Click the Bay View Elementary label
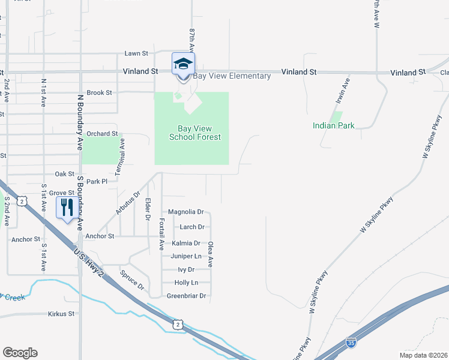point(232,76)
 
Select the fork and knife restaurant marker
point(66,208)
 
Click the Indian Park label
point(333,125)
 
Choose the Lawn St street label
point(136,53)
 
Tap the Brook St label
point(100,93)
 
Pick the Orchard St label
point(101,134)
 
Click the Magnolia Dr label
point(186,212)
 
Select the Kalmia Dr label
point(185,243)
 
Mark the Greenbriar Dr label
point(186,296)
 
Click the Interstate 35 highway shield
point(352,343)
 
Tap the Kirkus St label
point(61,313)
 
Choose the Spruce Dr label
point(131,280)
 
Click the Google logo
point(20,353)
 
